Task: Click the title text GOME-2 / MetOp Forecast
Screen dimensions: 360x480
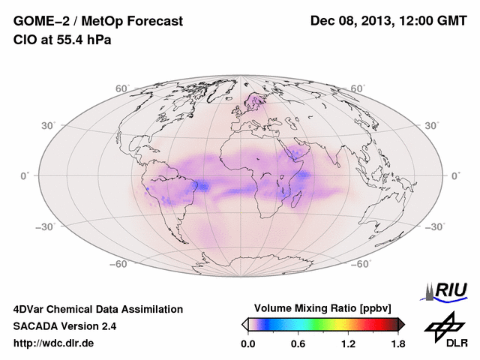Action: pyautogui.click(x=97, y=21)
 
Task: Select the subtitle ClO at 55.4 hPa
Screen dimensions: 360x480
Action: pyautogui.click(x=62, y=40)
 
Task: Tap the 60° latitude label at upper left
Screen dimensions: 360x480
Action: pyautogui.click(x=122, y=88)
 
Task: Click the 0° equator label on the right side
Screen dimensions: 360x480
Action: pyautogui.click(x=454, y=175)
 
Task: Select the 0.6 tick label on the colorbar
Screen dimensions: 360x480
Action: pyautogui.click(x=298, y=344)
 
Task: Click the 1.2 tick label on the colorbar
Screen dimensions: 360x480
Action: pyautogui.click(x=348, y=344)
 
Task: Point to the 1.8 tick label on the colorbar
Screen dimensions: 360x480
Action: pyautogui.click(x=397, y=344)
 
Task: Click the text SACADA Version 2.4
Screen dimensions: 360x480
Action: pyautogui.click(x=64, y=326)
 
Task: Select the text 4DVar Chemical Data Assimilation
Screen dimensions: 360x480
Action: pyautogui.click(x=97, y=309)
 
